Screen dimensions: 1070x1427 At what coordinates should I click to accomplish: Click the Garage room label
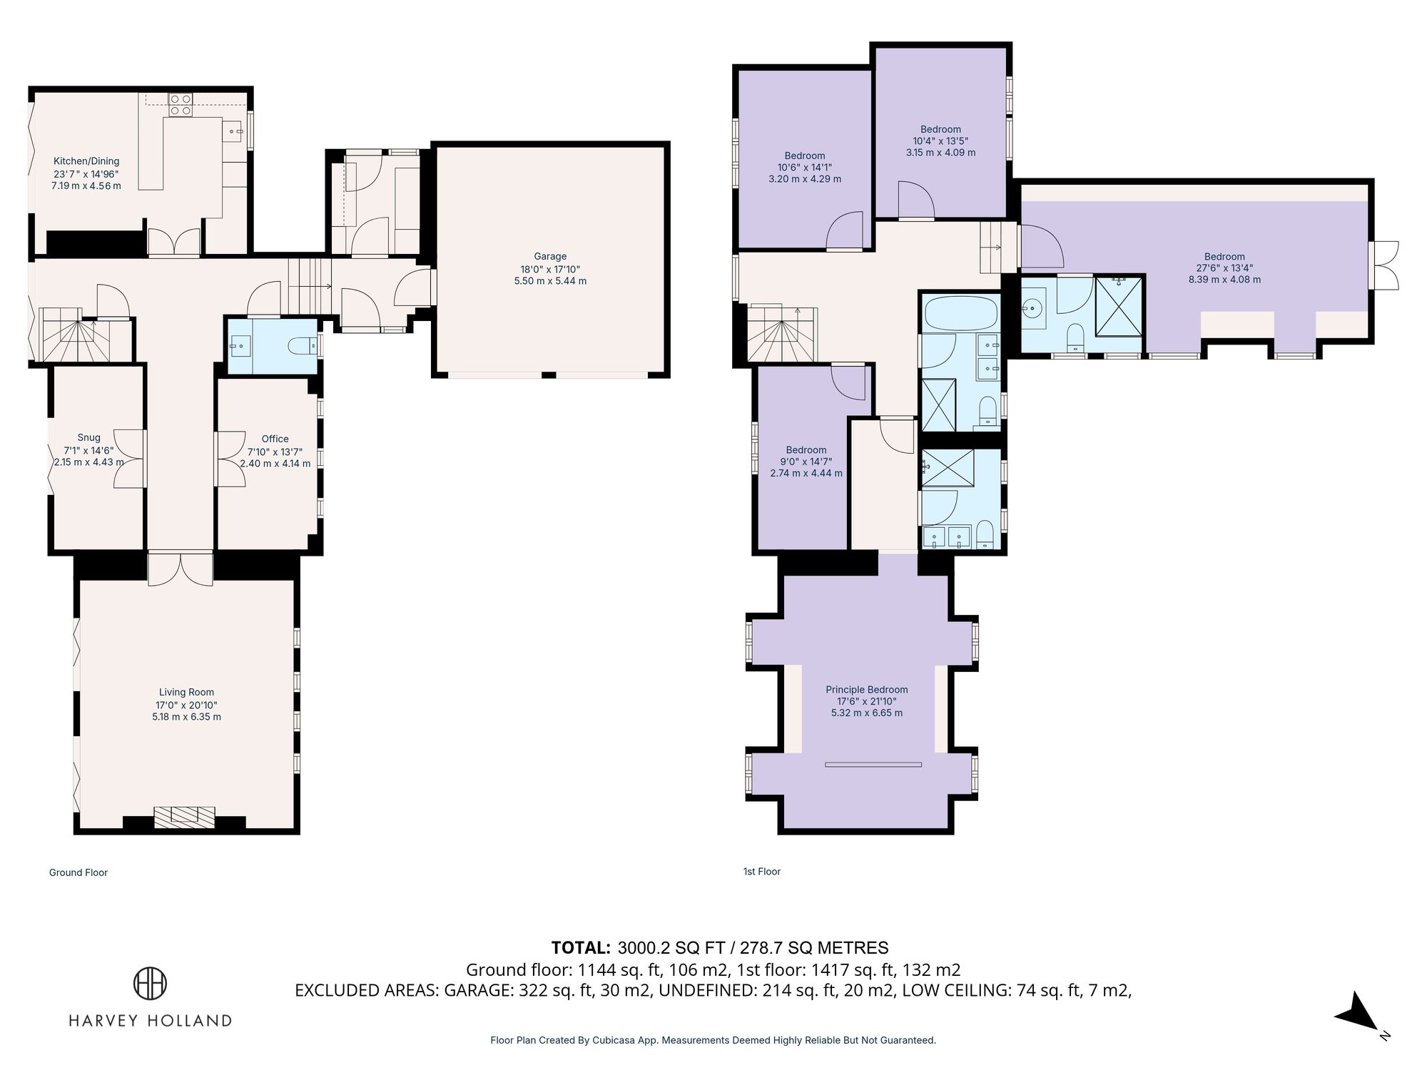click(550, 256)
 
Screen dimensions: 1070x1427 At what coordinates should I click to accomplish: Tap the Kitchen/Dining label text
click(86, 161)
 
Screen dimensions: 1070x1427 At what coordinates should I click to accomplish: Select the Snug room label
click(88, 438)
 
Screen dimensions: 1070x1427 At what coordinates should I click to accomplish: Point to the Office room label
click(275, 439)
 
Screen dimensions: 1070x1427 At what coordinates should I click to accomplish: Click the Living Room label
click(186, 692)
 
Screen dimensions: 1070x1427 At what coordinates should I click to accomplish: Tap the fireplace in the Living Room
click(184, 817)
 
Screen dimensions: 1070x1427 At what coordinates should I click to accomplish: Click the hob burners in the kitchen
click(180, 105)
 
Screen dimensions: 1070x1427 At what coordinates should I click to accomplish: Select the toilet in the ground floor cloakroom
click(303, 347)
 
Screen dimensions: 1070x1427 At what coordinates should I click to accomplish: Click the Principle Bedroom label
click(866, 690)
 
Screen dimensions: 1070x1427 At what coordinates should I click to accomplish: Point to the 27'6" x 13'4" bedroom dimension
click(1224, 268)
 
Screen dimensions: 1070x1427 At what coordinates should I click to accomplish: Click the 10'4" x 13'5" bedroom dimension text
click(940, 141)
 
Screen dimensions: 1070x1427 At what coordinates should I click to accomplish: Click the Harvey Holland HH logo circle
click(151, 984)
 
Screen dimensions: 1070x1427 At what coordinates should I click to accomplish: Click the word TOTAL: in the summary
click(581, 947)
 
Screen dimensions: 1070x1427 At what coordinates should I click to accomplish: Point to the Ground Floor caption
click(78, 872)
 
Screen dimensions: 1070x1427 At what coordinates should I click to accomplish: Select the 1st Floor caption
click(762, 871)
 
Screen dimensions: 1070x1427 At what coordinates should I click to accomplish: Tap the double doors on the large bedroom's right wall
click(1385, 265)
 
